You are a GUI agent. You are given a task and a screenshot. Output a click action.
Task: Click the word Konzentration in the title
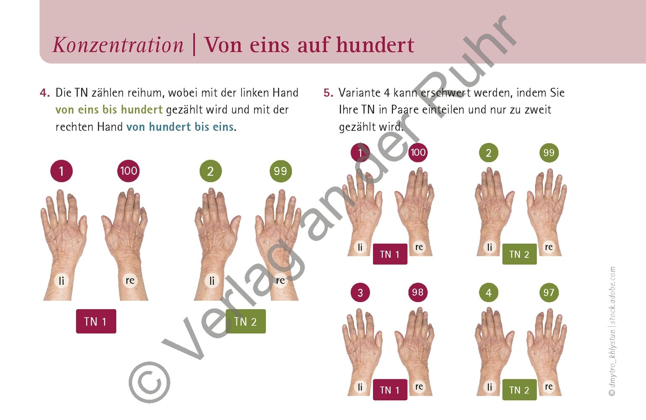[x=118, y=45]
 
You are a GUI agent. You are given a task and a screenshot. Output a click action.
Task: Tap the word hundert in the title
[x=375, y=45]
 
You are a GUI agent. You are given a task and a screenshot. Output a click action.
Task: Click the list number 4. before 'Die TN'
[x=45, y=93]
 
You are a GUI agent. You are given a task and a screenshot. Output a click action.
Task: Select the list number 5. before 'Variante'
[x=328, y=93]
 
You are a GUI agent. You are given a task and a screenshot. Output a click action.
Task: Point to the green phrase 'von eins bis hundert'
[x=109, y=110]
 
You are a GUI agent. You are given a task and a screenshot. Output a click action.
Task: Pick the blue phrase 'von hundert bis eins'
[x=180, y=127]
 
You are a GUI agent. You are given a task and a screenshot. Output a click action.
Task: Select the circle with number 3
[x=360, y=292]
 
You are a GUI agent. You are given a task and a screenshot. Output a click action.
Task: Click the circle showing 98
[x=418, y=292]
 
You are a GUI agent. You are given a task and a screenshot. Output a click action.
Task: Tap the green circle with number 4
[x=488, y=292]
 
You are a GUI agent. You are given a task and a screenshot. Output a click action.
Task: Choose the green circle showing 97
[x=549, y=292]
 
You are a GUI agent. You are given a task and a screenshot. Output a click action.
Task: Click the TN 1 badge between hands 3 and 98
[x=390, y=390]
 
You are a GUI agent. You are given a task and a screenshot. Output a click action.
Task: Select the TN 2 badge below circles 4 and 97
[x=520, y=390]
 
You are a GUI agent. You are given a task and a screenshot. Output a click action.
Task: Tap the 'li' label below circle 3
[x=360, y=387]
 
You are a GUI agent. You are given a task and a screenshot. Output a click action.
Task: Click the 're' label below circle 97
[x=549, y=386]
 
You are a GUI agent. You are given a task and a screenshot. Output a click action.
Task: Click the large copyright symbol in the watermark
[x=150, y=382]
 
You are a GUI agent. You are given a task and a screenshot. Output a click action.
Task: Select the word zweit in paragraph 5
[x=538, y=110]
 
